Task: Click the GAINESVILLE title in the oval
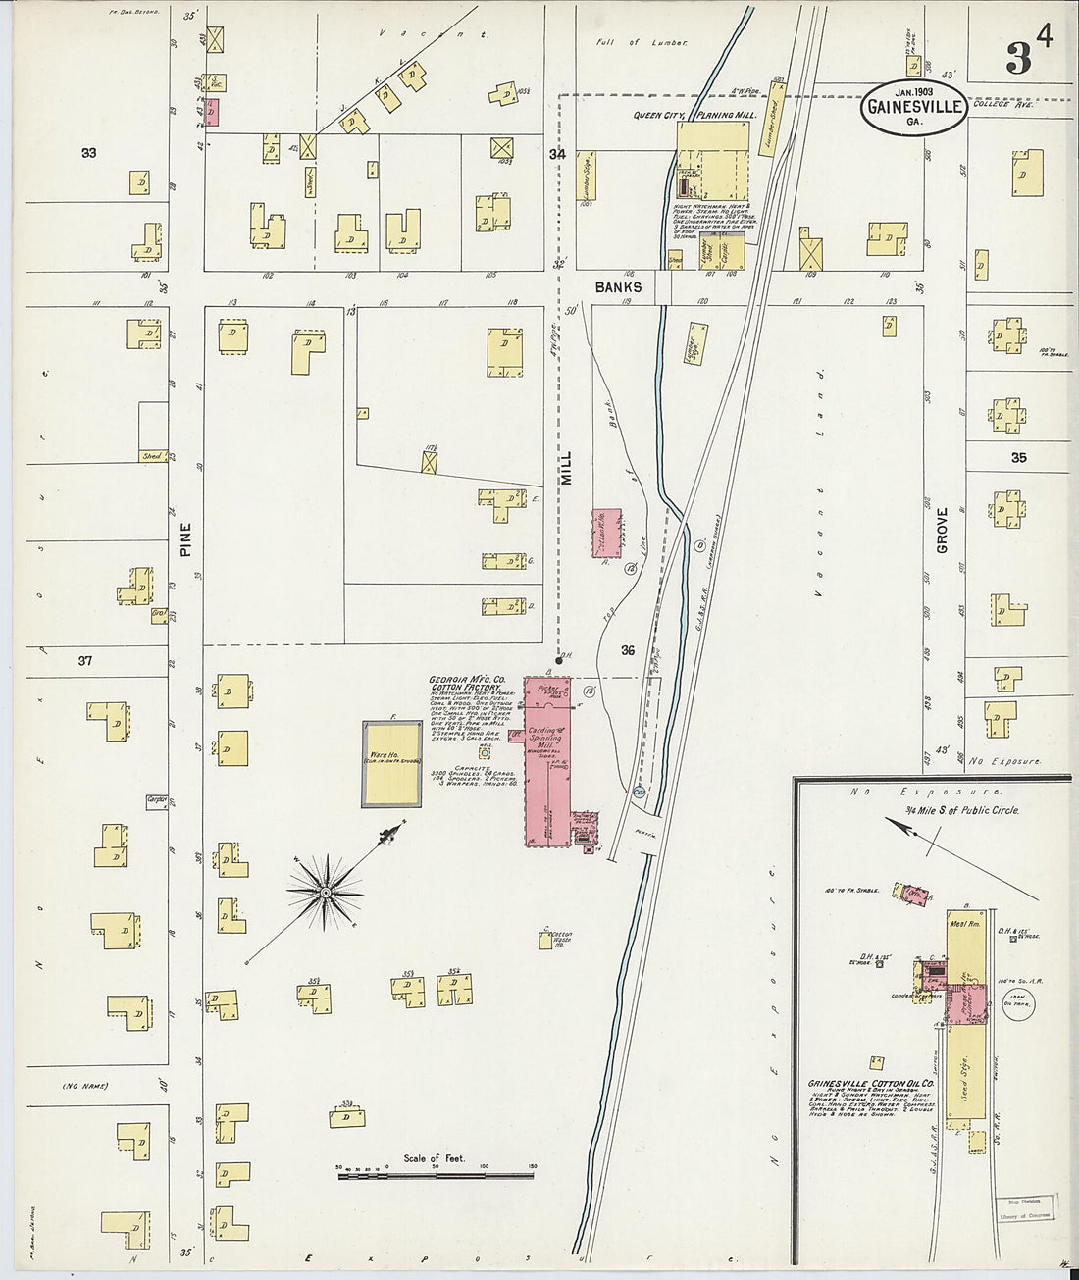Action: (914, 107)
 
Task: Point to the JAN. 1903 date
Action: (913, 90)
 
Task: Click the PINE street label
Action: (185, 539)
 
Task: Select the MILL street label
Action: (566, 462)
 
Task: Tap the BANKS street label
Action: (617, 287)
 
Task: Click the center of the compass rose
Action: (325, 893)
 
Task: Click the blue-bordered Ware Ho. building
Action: (394, 765)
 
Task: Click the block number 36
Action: (628, 649)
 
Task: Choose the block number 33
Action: (89, 152)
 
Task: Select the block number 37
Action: (85, 661)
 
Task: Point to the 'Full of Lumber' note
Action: (642, 43)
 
